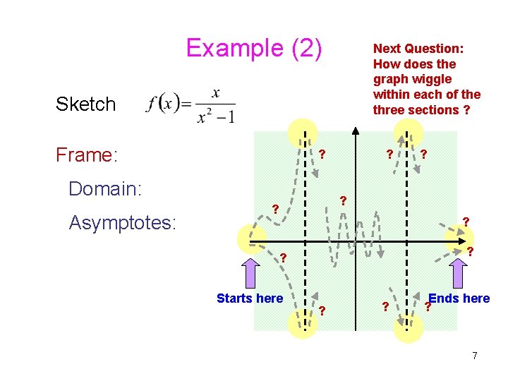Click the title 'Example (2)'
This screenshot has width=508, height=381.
[x=254, y=49]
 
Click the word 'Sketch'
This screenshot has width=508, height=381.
[x=85, y=104]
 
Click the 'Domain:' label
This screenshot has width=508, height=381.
[x=105, y=188]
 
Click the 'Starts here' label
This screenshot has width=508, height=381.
[x=250, y=298]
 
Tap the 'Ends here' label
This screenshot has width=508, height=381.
[x=459, y=298]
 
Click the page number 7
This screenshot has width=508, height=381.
[x=475, y=356]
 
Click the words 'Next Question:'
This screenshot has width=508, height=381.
[x=418, y=49]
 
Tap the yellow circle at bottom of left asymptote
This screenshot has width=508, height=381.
[x=303, y=324]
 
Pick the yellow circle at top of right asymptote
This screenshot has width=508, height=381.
[x=408, y=132]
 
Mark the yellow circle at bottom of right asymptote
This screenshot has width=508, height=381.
[x=408, y=327]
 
